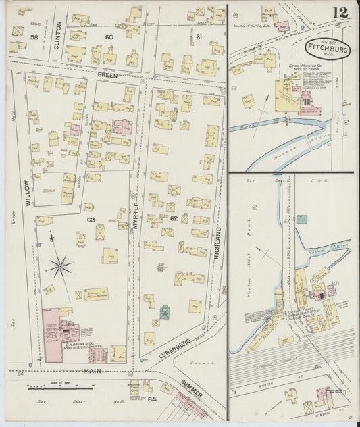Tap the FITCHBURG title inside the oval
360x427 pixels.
pos(327,49)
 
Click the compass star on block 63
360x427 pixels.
pos(59,266)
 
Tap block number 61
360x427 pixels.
pos(199,36)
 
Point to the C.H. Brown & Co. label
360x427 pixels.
pos(79,345)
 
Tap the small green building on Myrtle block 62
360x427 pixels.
pos(164,313)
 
